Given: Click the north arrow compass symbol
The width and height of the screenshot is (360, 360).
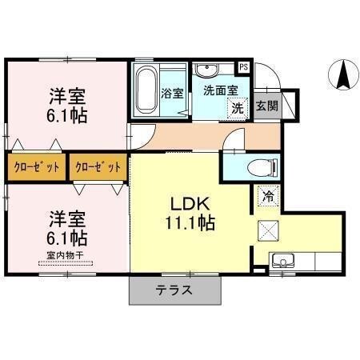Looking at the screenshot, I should click(x=343, y=76).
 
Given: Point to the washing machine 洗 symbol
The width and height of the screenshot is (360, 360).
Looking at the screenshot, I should click(x=238, y=107).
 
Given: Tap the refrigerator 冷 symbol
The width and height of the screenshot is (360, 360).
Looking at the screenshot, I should click(x=266, y=194).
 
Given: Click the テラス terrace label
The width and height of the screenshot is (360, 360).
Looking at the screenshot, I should click(x=173, y=290).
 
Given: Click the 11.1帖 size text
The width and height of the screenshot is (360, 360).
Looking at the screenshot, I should click(x=190, y=223).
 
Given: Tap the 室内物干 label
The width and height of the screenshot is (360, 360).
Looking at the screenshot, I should click(x=66, y=255).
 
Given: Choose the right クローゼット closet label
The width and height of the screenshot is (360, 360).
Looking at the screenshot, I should click(x=98, y=167).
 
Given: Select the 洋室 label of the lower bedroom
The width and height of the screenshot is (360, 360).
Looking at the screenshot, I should click(x=67, y=218).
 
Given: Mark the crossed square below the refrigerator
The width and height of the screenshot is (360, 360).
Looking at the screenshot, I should click(x=267, y=230).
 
